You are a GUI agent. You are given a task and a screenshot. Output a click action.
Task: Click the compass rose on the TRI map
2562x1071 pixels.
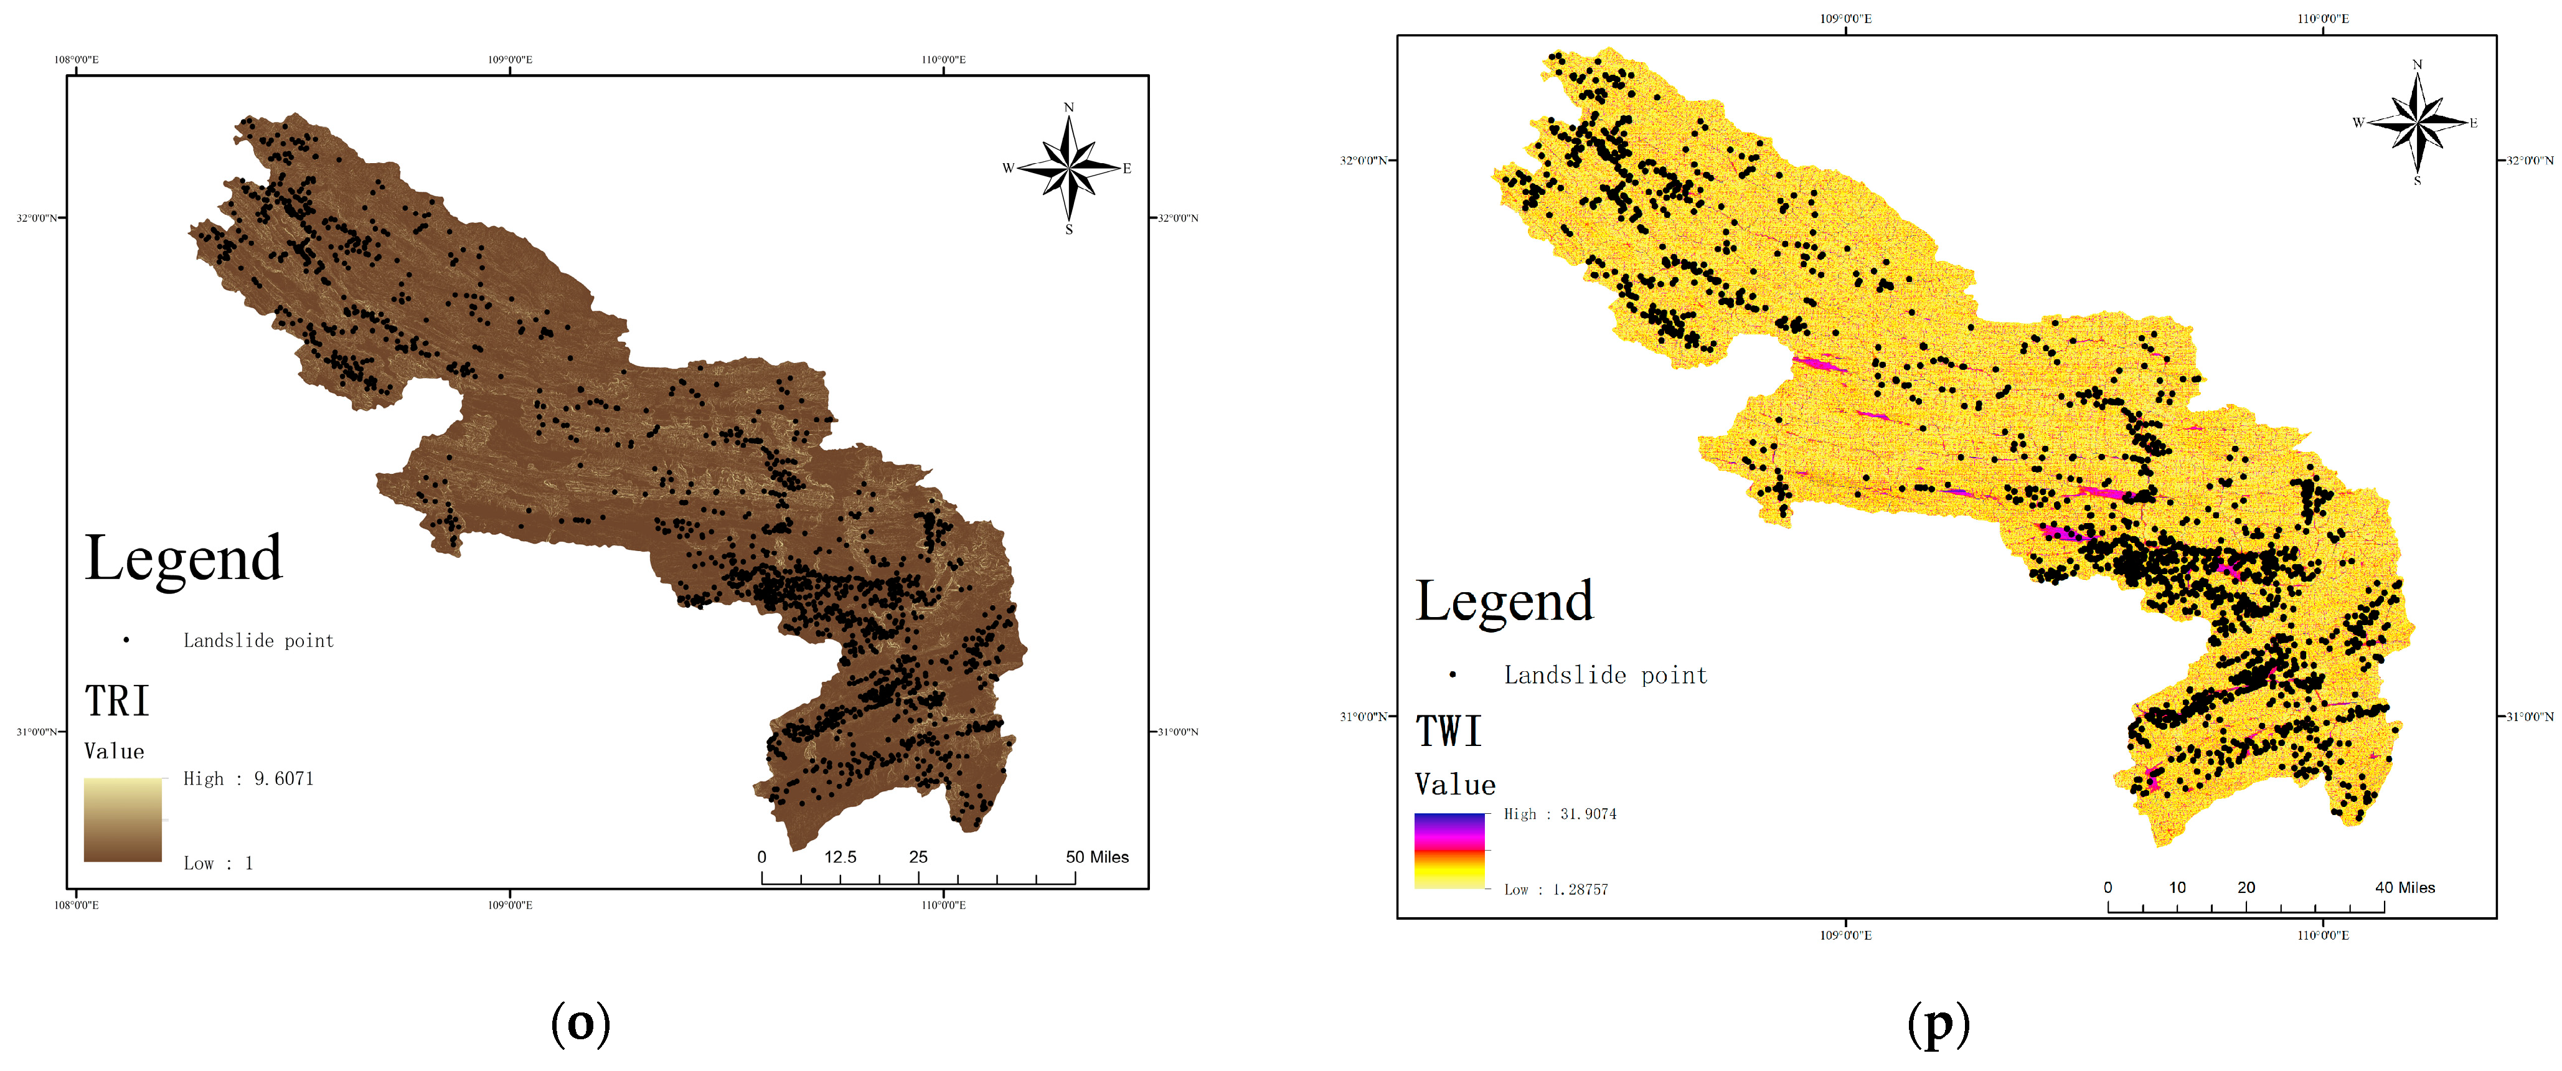(x=1069, y=168)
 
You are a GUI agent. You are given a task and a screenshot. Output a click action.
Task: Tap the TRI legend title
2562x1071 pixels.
(x=116, y=701)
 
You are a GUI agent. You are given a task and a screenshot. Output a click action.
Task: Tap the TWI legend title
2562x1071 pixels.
(x=1448, y=732)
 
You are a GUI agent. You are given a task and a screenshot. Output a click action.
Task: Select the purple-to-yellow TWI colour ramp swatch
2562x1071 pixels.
(x=1449, y=850)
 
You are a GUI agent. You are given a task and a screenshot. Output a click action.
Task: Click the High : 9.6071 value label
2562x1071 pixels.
(x=248, y=778)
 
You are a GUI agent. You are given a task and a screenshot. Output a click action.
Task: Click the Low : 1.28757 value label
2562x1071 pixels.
(x=1555, y=890)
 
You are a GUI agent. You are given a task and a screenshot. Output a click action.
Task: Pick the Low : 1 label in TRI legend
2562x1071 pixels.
(x=218, y=863)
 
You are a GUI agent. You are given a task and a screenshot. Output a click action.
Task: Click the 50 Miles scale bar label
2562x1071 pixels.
(x=1097, y=857)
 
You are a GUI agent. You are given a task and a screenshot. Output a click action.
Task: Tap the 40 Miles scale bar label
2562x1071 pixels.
(x=2405, y=888)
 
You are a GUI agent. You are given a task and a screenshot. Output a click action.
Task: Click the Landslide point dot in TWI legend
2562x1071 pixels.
(x=1453, y=675)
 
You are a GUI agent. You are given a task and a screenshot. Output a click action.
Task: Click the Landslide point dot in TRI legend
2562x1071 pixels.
(x=126, y=640)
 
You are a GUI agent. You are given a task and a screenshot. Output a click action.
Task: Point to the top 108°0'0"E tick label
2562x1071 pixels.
(x=77, y=60)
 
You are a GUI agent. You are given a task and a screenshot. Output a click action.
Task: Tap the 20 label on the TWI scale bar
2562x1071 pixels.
(x=2246, y=888)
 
